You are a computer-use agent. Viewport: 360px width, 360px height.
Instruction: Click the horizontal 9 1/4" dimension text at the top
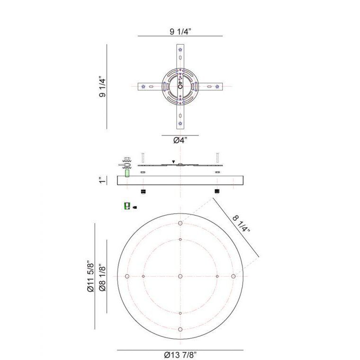pos(180,32)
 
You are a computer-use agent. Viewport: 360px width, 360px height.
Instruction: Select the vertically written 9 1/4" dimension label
pos(101,86)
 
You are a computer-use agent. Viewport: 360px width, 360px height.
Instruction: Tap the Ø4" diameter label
pos(180,140)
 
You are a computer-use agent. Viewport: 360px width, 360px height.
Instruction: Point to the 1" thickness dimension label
pos(101,180)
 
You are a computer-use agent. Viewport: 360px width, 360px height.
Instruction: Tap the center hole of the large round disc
pos(180,276)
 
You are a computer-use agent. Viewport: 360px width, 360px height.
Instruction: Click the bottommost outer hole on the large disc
pos(180,329)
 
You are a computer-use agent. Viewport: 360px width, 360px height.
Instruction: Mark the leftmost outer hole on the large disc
pos(127,276)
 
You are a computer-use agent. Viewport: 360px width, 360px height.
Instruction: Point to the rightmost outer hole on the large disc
pos(234,276)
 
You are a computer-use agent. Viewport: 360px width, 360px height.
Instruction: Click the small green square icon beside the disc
pos(126,207)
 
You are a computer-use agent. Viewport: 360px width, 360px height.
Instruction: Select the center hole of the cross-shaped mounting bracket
pos(180,86)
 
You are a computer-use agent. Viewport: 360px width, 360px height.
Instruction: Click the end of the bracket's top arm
pos(180,50)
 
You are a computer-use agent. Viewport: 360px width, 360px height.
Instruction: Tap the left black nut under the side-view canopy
pos(143,191)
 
